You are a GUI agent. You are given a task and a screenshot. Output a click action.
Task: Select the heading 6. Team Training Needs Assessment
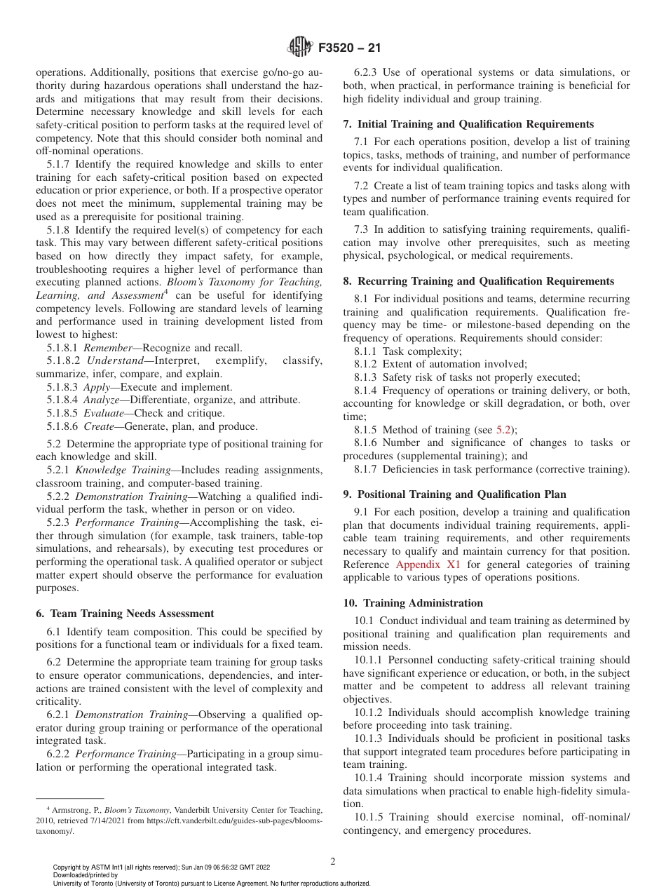click(125, 613)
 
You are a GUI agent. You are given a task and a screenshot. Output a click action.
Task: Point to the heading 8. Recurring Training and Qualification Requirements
click(478, 281)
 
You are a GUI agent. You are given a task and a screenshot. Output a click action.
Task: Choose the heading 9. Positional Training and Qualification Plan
click(464, 494)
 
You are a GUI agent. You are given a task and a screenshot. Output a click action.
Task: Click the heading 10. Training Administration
click(413, 602)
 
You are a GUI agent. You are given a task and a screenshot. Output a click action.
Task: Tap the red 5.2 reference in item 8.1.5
click(503, 430)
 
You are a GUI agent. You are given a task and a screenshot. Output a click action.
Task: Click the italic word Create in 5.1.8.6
click(100, 426)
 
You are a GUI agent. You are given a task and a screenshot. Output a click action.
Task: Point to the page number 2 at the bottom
click(333, 862)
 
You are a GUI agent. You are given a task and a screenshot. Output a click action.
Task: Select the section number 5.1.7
click(60, 164)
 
